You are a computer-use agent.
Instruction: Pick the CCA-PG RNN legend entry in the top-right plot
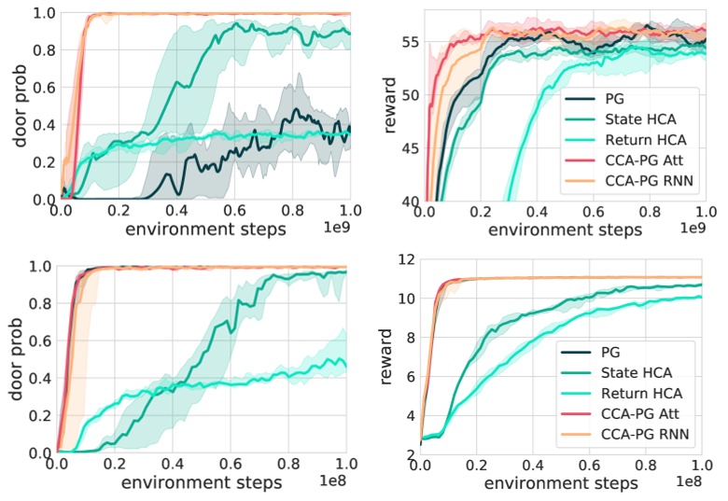[644, 181]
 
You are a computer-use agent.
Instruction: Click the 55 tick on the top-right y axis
[408, 44]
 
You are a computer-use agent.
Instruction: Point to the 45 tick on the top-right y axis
[408, 148]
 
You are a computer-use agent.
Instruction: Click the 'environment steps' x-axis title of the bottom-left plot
[202, 484]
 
